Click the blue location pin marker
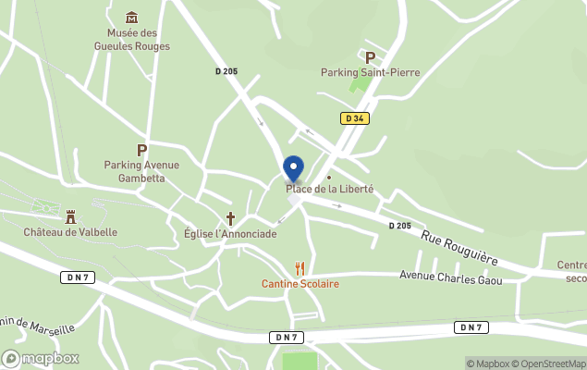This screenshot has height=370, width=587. coord(293,168)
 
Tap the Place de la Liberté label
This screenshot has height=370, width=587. coord(329,189)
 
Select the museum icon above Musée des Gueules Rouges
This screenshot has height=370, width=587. coord(132,17)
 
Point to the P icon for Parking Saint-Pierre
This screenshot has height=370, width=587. coord(371,57)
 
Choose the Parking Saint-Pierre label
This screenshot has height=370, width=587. coord(370,72)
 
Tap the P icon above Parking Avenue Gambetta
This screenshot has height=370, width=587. coord(141,150)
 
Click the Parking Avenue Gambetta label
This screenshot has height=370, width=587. coord(141,171)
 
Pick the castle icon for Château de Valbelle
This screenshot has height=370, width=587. coord(70,216)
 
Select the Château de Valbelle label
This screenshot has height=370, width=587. coord(70,232)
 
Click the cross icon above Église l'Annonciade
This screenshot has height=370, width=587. coord(231,219)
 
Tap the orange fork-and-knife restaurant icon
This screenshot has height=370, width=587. coord(300,268)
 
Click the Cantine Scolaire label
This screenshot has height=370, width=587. coord(300,283)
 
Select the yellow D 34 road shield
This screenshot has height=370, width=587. coord(353,118)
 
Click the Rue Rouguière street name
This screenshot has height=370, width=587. coord(459,248)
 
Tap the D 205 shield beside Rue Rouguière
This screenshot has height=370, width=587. coord(399,225)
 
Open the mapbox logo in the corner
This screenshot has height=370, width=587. coord(41,358)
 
